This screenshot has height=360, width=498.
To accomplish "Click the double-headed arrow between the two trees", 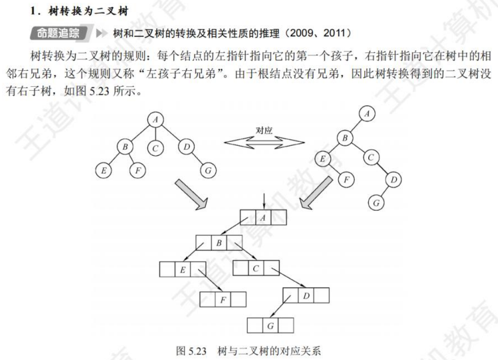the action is (x=264, y=141).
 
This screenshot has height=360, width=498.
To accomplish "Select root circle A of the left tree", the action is (x=155, y=119).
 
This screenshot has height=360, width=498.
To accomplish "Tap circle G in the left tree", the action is (x=208, y=170).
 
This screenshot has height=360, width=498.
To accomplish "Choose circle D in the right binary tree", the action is (x=393, y=180).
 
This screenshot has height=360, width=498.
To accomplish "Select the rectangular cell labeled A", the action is (x=263, y=217).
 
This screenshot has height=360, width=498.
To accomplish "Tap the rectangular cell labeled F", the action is (x=223, y=299).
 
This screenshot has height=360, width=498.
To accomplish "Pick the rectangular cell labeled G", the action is (x=270, y=325).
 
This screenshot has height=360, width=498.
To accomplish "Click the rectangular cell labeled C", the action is (x=255, y=268).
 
